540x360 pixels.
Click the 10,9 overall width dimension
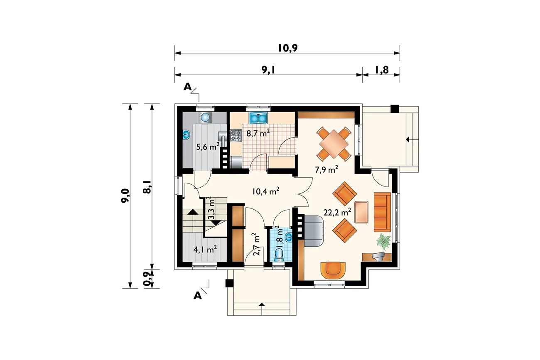point(288,48)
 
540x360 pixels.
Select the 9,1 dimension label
point(268,70)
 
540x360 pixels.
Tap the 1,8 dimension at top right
point(382,70)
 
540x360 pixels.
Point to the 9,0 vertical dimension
point(125,196)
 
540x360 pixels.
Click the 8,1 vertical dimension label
point(147,187)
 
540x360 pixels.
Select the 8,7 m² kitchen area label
point(258,133)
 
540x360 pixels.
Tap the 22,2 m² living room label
point(337,212)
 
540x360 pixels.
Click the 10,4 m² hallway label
point(266,191)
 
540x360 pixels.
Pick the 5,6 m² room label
point(208,146)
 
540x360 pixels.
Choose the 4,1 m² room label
point(205,250)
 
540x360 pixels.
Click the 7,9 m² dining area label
point(326,169)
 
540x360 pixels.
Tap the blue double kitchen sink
point(258,118)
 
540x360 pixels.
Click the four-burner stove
point(236,135)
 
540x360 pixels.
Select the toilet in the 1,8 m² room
point(280,255)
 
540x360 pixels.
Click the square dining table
point(334,144)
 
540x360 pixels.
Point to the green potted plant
point(383,241)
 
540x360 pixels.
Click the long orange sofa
point(382,212)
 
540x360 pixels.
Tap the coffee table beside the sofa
point(361,212)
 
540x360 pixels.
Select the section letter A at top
point(187,86)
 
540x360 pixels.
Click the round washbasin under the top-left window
point(205,118)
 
